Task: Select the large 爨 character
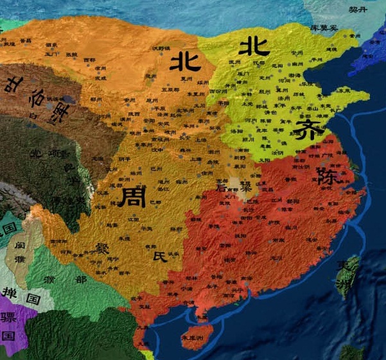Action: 103,247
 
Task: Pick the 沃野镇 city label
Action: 161,49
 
